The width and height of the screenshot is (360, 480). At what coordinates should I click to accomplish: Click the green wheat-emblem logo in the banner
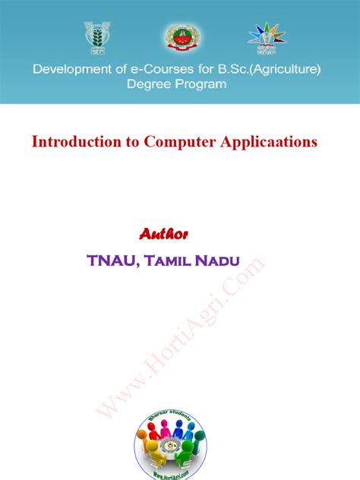coord(96,38)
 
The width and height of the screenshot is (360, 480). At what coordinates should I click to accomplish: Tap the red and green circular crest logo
coord(180,37)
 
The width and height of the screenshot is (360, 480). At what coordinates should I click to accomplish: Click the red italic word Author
coord(163,232)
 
